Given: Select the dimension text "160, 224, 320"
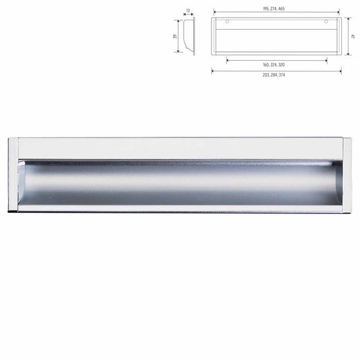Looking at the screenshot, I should point(276,64).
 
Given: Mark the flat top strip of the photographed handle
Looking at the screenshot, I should point(180,148).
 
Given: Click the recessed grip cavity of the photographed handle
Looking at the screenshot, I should point(180,182).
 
